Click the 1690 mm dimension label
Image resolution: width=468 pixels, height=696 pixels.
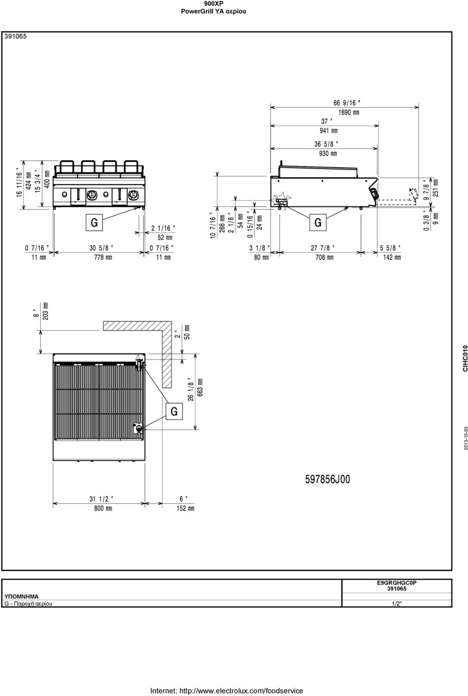pyautogui.click(x=349, y=112)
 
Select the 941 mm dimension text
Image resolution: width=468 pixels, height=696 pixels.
pyautogui.click(x=329, y=131)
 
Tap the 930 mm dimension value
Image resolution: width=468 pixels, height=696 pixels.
pyautogui.click(x=328, y=153)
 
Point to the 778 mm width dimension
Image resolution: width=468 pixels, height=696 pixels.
pyautogui.click(x=103, y=257)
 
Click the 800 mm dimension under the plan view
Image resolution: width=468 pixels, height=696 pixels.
pyautogui.click(x=103, y=508)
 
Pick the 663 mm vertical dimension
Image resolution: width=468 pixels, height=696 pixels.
pyautogui.click(x=200, y=387)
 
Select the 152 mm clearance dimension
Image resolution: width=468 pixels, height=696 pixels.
pyautogui.click(x=185, y=508)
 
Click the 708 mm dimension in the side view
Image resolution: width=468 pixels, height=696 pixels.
pyautogui.click(x=324, y=257)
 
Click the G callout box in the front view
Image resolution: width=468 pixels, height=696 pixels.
pyautogui.click(x=94, y=223)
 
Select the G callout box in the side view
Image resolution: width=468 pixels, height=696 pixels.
pyautogui.click(x=318, y=223)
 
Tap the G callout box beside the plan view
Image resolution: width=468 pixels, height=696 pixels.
pyautogui.click(x=174, y=412)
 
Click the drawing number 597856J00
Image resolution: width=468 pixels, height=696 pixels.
pyautogui.click(x=328, y=479)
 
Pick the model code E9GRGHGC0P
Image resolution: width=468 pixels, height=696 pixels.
pyautogui.click(x=396, y=583)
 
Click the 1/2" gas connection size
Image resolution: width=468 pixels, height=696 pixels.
pyautogui.click(x=397, y=604)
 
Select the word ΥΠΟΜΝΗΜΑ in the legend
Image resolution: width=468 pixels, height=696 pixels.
pyautogui.click(x=21, y=597)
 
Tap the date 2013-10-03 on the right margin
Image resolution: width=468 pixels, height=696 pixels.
pyautogui.click(x=466, y=438)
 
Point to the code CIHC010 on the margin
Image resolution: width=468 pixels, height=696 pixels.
pyautogui.click(x=465, y=358)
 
